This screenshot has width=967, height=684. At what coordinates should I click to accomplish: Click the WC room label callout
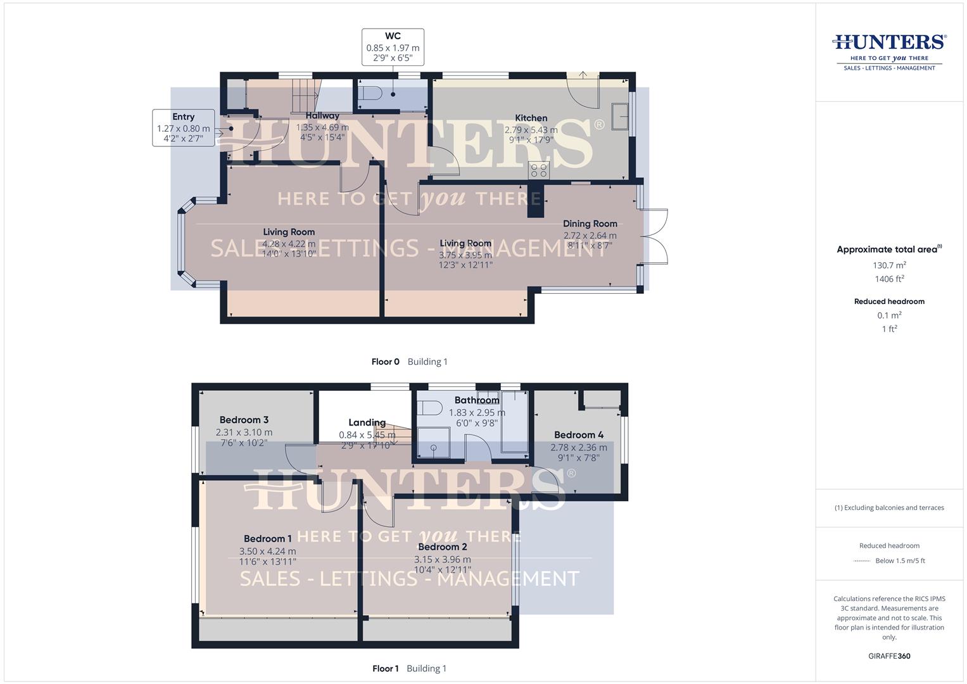point(393,47)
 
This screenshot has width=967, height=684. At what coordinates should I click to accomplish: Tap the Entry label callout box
point(183,127)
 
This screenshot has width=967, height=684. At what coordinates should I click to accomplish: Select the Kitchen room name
point(531,118)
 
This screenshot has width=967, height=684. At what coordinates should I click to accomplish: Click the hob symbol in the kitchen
point(540,170)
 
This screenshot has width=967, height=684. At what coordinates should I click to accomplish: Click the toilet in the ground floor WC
point(370,94)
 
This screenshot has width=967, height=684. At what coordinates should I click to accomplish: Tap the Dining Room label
point(590,224)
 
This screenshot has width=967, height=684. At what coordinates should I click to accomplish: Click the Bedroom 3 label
point(244,420)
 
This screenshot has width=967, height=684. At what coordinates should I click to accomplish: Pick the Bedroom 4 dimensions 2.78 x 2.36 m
point(578,447)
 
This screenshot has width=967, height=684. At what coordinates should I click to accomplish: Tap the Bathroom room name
point(476,400)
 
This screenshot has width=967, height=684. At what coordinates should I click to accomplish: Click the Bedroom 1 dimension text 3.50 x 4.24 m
point(267,551)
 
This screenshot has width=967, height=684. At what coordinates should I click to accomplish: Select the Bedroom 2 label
point(442,547)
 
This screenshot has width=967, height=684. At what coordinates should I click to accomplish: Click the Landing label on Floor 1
point(367,422)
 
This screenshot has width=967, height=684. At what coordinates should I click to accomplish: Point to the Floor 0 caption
point(385,362)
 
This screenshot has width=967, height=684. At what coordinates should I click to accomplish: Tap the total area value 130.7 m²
point(889,265)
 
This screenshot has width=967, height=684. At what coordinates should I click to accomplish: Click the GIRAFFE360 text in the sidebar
point(889,655)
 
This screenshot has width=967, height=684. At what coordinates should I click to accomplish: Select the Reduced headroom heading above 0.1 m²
point(889,301)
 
